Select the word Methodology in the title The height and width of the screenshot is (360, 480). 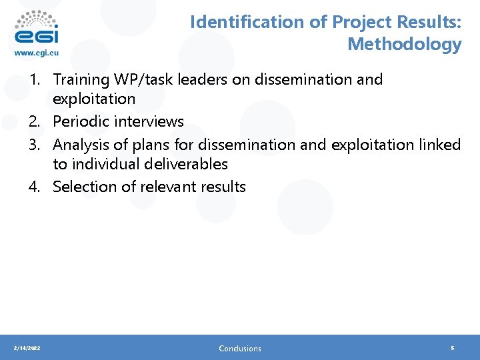pyautogui.click(x=404, y=45)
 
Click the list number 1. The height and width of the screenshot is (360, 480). pyautogui.click(x=34, y=80)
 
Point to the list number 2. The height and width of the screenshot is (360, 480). pyautogui.click(x=34, y=122)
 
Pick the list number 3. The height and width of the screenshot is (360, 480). pyautogui.click(x=34, y=145)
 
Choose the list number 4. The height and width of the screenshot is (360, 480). pyautogui.click(x=34, y=187)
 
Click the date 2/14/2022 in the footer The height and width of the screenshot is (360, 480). pyautogui.click(x=26, y=348)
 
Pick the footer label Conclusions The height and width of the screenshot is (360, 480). pyautogui.click(x=240, y=348)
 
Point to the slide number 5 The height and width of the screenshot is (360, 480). pyautogui.click(x=453, y=348)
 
